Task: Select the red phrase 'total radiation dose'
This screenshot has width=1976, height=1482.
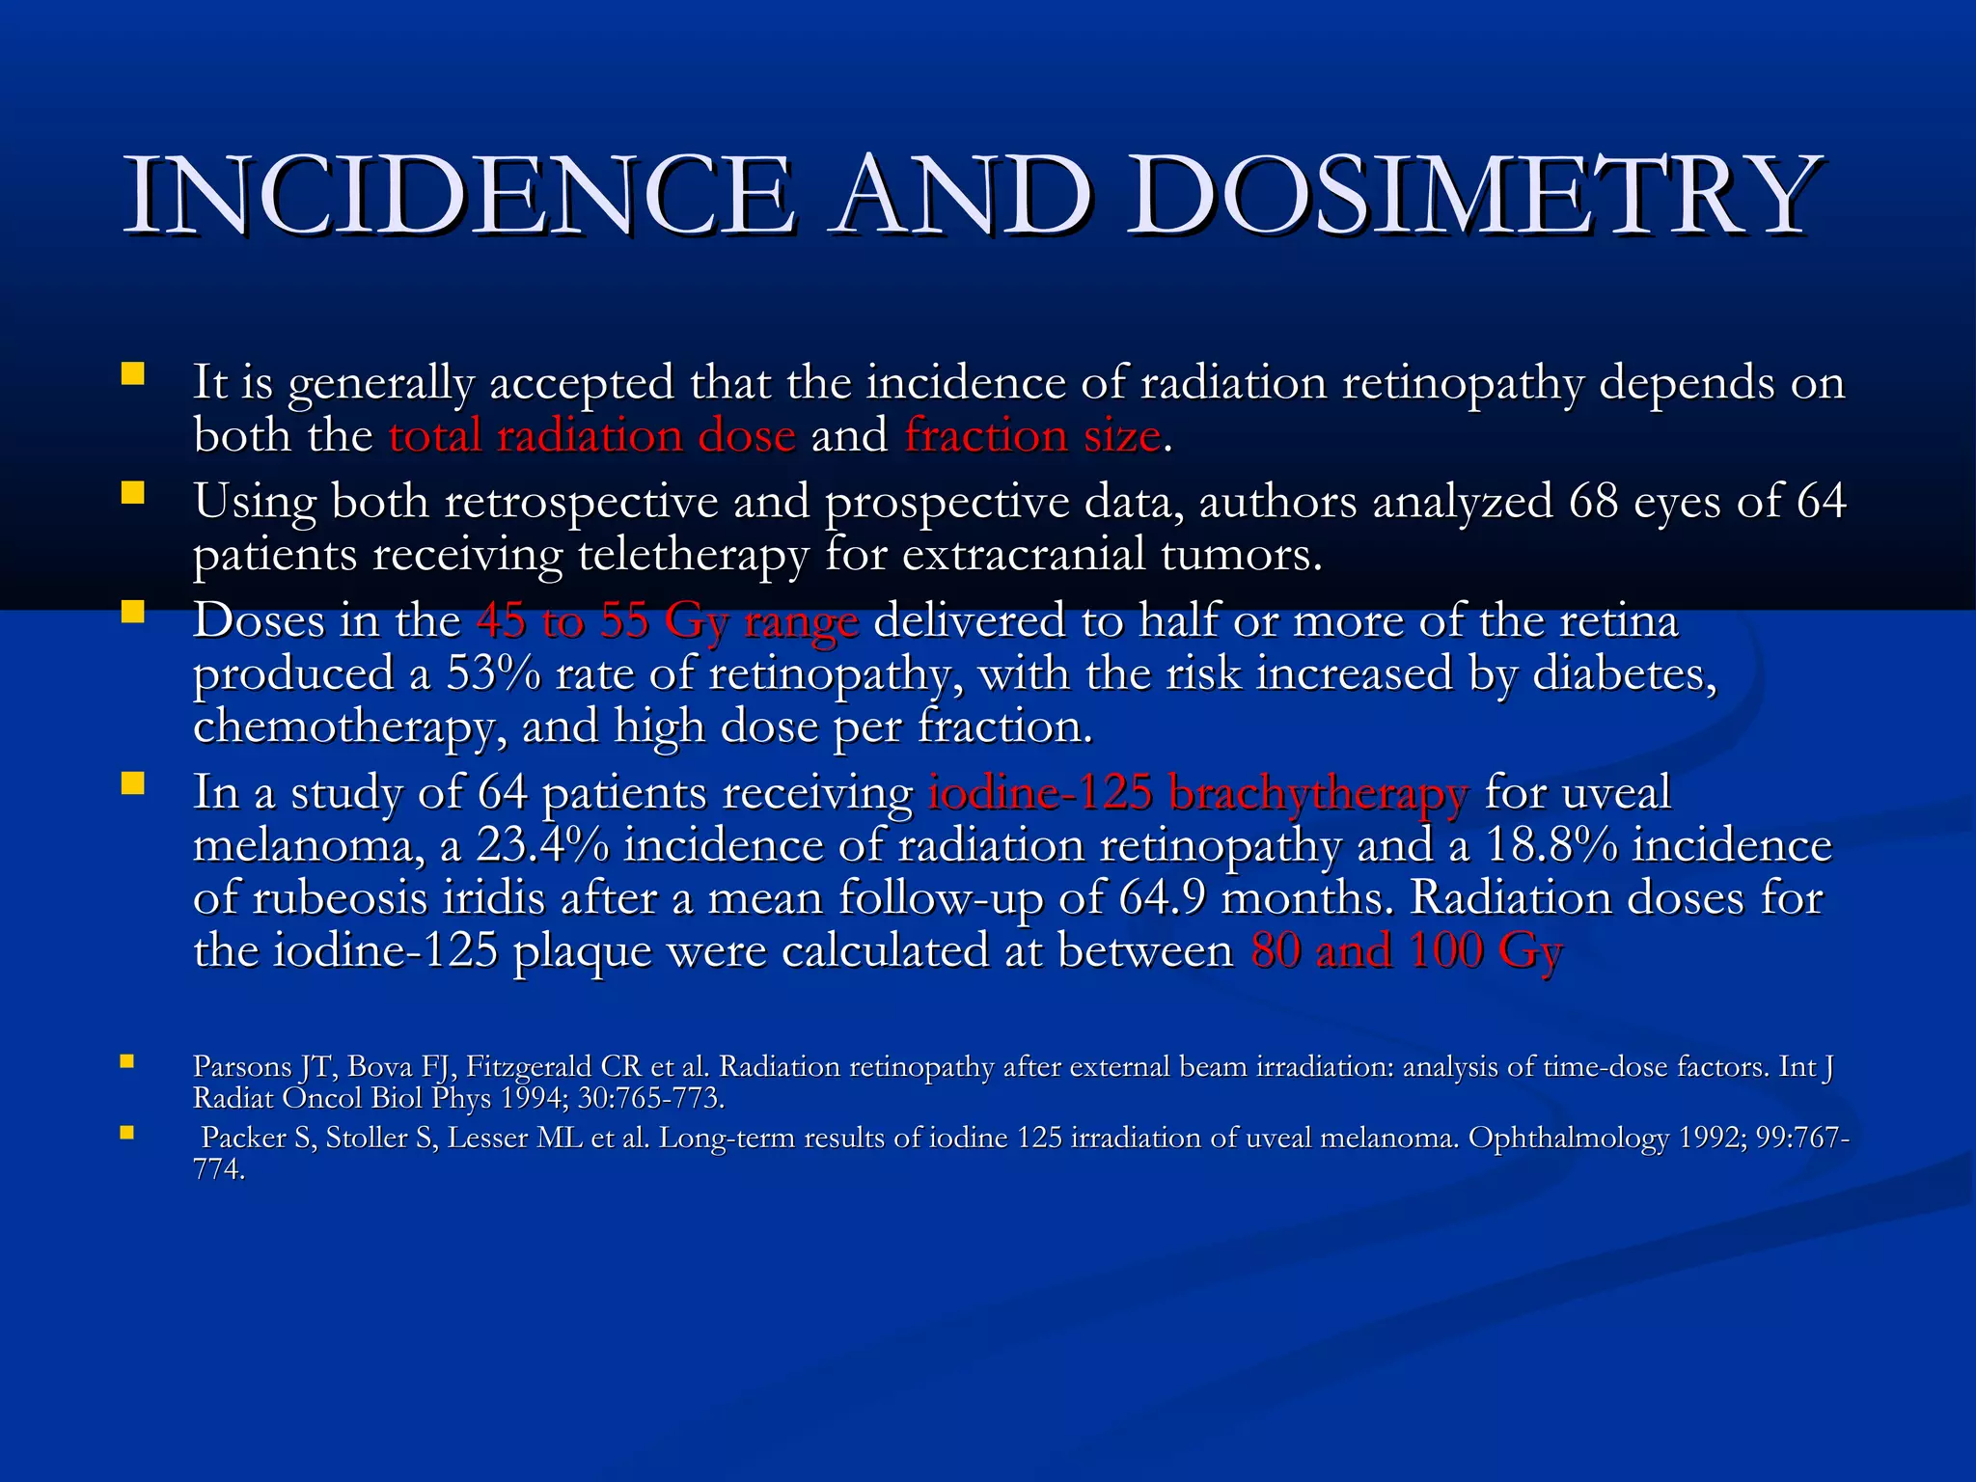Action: point(591,436)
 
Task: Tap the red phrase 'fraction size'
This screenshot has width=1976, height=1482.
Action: point(1031,436)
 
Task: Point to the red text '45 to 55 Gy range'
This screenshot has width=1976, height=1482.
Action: point(667,620)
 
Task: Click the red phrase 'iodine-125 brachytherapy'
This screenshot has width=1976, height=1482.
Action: point(1197,793)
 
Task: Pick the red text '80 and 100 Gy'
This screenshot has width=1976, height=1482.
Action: point(1406,950)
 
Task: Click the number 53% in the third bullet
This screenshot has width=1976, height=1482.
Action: point(493,673)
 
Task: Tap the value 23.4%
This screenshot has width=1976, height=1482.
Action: point(542,846)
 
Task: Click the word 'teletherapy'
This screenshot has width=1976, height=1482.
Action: point(693,555)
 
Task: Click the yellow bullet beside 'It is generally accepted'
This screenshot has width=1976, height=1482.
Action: point(132,373)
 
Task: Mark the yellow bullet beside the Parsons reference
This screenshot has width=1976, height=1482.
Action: point(126,1062)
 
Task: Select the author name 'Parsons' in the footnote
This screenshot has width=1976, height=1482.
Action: point(242,1066)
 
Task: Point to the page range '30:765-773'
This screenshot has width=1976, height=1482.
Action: point(650,1098)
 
